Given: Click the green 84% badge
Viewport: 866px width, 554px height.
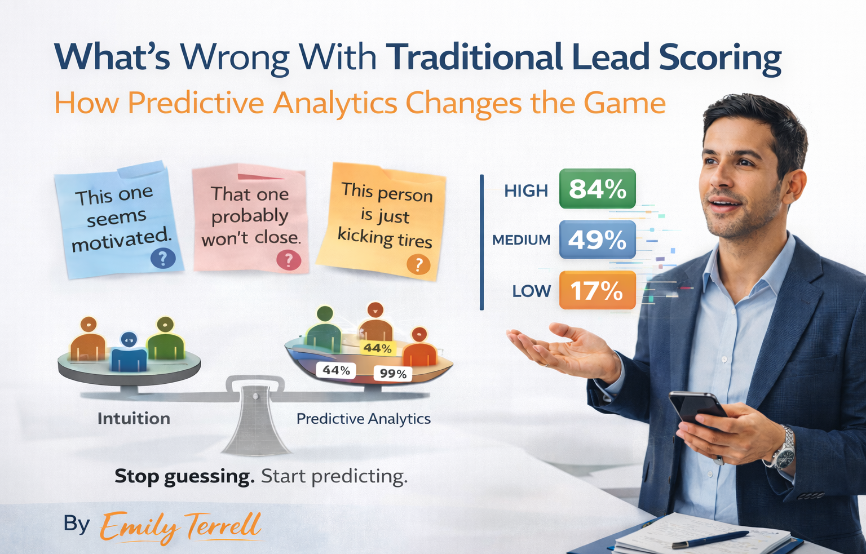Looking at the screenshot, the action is pos(597,189).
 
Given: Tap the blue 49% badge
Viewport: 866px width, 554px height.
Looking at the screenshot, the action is pos(597,240).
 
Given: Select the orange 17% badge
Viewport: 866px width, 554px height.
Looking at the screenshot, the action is pos(597,290).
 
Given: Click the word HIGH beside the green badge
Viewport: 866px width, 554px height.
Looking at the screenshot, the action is pos(526,191).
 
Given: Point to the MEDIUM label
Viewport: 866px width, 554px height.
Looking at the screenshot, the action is pos(521,240).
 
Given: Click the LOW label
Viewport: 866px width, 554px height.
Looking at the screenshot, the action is pos(532,291).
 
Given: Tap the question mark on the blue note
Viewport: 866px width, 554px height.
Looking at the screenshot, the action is pos(163,259).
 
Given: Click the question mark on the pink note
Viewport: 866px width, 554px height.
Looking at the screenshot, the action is pos(289,260).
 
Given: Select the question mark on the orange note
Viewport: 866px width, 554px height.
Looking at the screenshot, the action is pos(418,265).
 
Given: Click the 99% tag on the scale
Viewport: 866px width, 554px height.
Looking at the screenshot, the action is pos(393,374).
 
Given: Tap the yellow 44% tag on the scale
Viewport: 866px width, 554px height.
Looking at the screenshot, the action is pos(377,348).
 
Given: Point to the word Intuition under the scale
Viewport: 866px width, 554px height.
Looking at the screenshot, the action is pos(134,419).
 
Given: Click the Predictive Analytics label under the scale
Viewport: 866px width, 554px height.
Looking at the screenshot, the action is pos(364,419).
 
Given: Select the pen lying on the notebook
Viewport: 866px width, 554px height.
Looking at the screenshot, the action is pos(710,539).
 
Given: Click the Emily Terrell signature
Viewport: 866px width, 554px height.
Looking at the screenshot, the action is pos(180,526).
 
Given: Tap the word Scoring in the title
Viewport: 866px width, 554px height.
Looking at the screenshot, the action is pos(720,59).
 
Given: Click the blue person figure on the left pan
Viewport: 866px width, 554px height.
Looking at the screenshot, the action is pos(129,352).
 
